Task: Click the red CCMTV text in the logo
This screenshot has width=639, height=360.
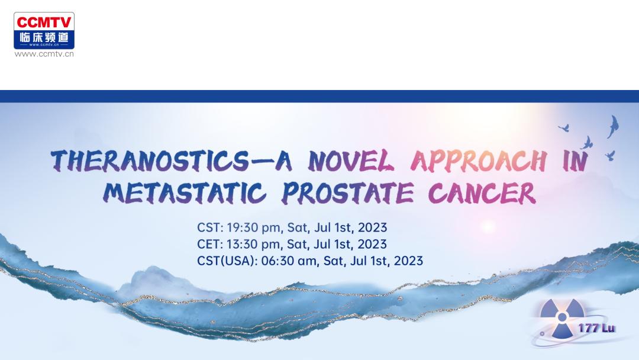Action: coord(44,22)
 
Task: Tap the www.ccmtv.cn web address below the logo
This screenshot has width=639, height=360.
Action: coord(44,54)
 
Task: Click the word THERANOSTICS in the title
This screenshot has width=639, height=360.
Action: coord(149,160)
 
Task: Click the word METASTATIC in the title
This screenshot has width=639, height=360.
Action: coord(185,192)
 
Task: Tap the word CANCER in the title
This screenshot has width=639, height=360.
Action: coord(482,192)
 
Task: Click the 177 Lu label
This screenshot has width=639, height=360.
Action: coord(596,328)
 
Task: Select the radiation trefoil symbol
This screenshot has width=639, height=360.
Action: coord(562,318)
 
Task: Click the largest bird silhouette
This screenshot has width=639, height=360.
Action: coord(613,126)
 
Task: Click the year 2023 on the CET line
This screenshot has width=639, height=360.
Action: coord(372,244)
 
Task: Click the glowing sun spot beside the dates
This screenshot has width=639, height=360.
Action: coord(488,227)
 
